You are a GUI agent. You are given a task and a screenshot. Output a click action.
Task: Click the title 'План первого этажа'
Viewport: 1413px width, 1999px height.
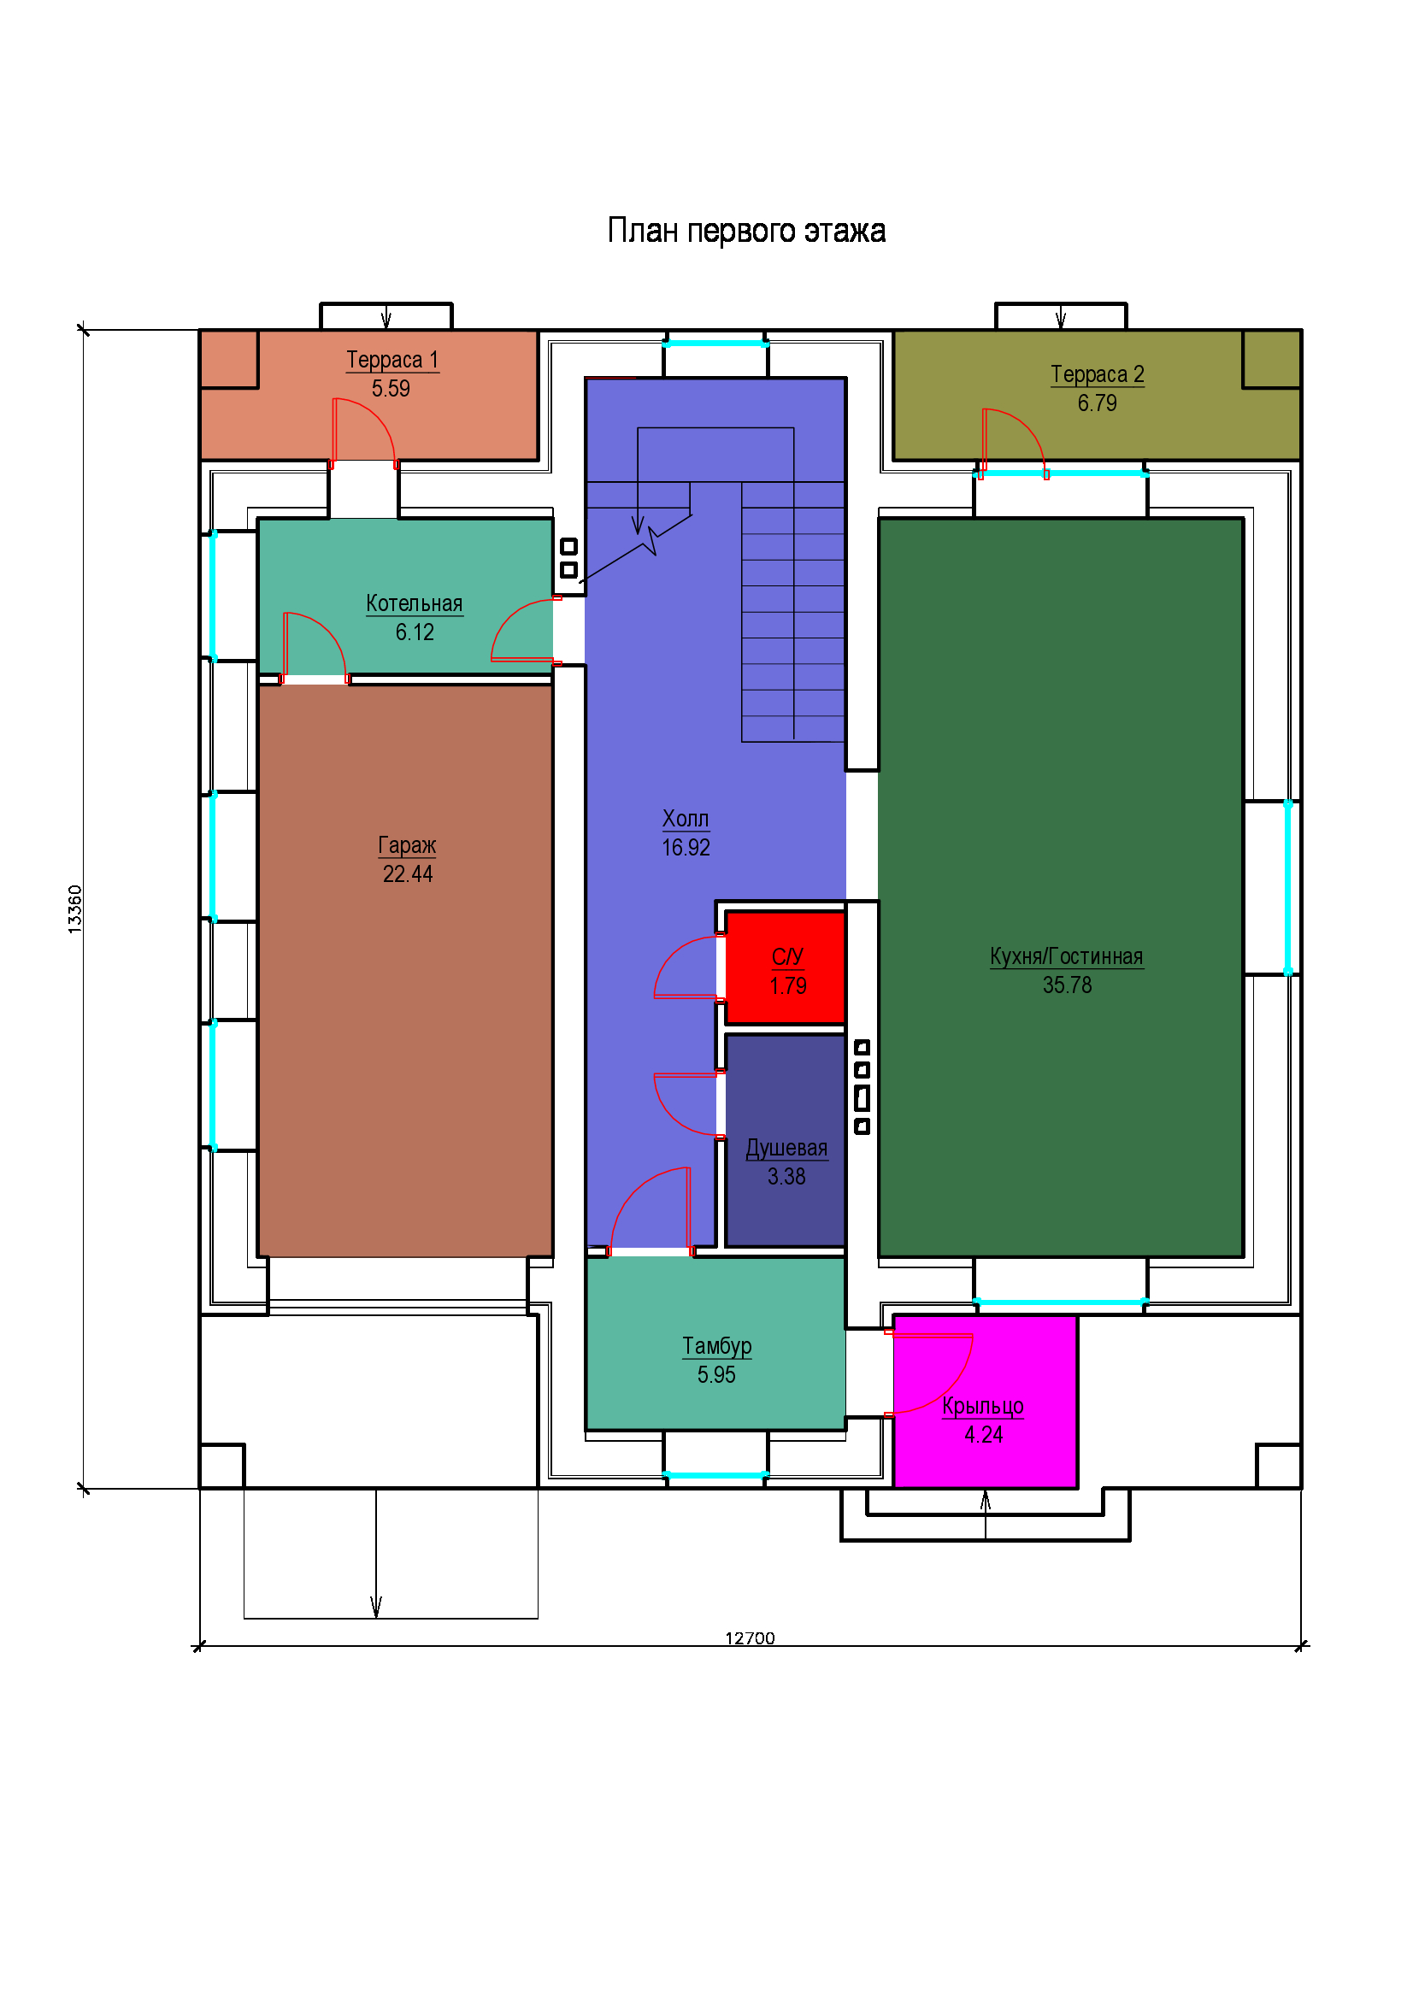coord(746,231)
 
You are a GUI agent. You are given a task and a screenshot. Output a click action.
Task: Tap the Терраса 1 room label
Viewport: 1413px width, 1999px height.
coord(392,360)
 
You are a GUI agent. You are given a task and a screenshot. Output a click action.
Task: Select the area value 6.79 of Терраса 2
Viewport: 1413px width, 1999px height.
coord(1097,403)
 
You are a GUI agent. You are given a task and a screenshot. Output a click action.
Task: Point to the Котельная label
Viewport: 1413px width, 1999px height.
coord(414,603)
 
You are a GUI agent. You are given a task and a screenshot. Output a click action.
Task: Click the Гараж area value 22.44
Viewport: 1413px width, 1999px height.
coord(408,874)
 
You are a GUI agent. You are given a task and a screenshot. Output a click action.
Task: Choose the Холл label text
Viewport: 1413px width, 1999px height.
coord(686,820)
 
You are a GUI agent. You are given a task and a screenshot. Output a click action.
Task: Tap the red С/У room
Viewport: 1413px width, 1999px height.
coord(786,967)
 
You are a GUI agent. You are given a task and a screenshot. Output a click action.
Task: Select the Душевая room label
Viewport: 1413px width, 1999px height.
coord(786,1149)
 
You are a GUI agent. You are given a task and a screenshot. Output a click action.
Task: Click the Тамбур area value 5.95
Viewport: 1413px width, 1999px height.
coord(715,1375)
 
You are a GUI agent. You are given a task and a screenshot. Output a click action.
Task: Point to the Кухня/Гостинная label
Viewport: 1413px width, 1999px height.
coord(1067,957)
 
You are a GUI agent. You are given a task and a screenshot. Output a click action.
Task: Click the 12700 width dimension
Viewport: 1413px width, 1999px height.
coord(750,1638)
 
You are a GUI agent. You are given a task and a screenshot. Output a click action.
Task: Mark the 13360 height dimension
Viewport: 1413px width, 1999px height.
coord(75,910)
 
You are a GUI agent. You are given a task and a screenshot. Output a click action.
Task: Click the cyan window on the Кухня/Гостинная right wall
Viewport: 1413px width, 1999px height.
coord(1288,887)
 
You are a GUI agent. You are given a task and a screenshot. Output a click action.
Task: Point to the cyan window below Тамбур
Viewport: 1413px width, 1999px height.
coord(715,1475)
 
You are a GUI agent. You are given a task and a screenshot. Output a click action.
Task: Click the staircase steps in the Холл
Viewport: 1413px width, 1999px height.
coord(792,611)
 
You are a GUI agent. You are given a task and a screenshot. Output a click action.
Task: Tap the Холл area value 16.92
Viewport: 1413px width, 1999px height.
coord(686,848)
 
